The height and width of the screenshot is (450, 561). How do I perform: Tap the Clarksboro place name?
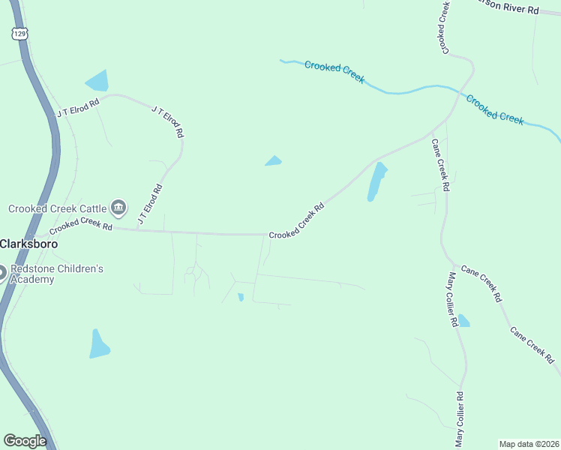click(x=29, y=244)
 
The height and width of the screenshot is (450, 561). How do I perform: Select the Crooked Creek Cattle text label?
click(x=57, y=208)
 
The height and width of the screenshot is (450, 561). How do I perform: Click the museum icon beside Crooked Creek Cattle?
click(x=118, y=207)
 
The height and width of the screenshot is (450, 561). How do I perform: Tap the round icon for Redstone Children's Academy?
click(x=1, y=273)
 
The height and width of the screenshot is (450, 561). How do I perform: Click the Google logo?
click(x=25, y=441)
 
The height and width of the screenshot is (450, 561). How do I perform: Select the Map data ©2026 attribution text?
click(x=529, y=443)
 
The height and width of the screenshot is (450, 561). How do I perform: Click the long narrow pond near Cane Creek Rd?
click(x=376, y=181)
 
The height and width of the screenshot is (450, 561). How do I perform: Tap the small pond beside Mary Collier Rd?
click(x=463, y=321)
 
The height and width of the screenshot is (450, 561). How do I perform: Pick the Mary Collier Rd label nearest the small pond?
click(x=453, y=300)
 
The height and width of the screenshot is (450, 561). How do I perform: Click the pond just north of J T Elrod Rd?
click(x=97, y=80)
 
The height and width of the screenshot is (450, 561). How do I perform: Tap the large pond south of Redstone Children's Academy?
click(x=99, y=343)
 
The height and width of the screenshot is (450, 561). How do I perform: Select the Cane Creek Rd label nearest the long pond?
click(x=440, y=163)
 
